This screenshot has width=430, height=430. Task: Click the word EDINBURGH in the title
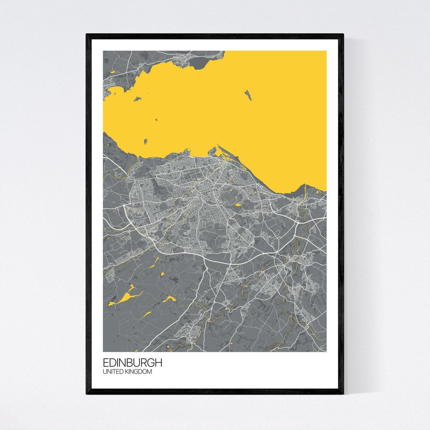(x=132, y=363)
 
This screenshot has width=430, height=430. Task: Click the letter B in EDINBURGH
(x=133, y=363)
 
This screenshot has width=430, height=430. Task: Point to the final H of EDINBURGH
(x=158, y=363)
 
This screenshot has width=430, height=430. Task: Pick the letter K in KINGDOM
(x=128, y=372)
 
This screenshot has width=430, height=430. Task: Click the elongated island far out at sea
(x=249, y=95)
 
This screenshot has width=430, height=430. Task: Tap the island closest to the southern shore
(x=146, y=142)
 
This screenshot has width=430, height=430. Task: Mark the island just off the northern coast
(x=137, y=99)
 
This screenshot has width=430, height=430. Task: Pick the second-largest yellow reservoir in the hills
(x=168, y=299)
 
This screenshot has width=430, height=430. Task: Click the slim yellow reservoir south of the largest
(x=147, y=313)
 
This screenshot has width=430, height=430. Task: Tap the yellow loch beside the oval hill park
(x=238, y=205)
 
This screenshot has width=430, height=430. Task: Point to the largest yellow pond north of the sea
(x=112, y=72)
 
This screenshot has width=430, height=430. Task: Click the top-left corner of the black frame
(x=87, y=35)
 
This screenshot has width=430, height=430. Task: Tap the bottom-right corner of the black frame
(x=343, y=393)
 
